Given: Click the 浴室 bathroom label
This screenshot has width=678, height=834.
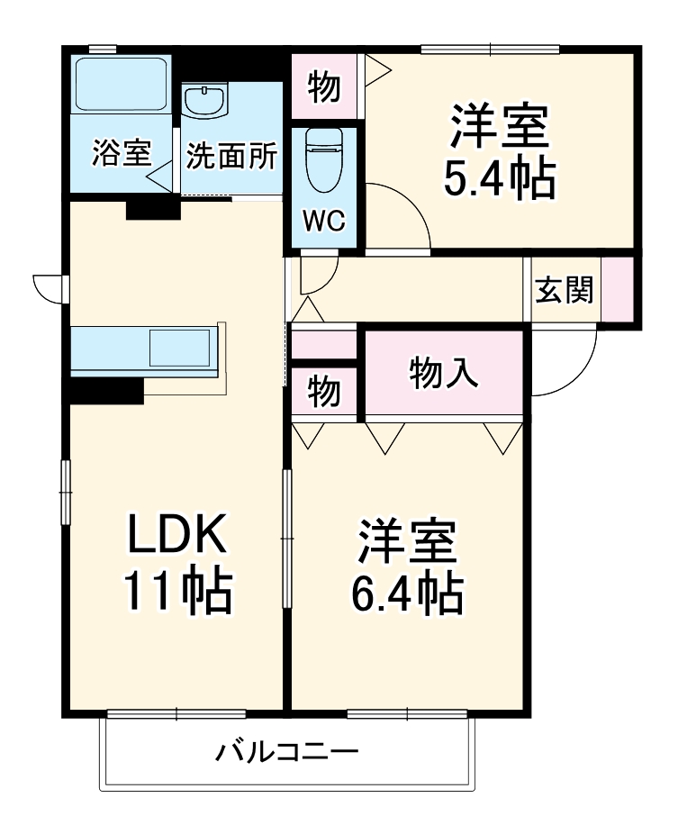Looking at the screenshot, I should point(120,154).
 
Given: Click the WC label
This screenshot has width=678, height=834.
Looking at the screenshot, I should point(321,222).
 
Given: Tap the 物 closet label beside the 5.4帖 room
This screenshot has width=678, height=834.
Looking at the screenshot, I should point(323,86).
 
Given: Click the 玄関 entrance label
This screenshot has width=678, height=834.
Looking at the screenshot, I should point(564,290).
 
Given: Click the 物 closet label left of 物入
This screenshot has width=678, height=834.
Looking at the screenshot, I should point(323,390).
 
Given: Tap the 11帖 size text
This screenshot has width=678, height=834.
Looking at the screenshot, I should point(176,592).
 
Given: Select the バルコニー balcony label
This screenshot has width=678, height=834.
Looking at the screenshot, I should point(286,750).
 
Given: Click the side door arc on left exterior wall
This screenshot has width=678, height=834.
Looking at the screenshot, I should point(47,286).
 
